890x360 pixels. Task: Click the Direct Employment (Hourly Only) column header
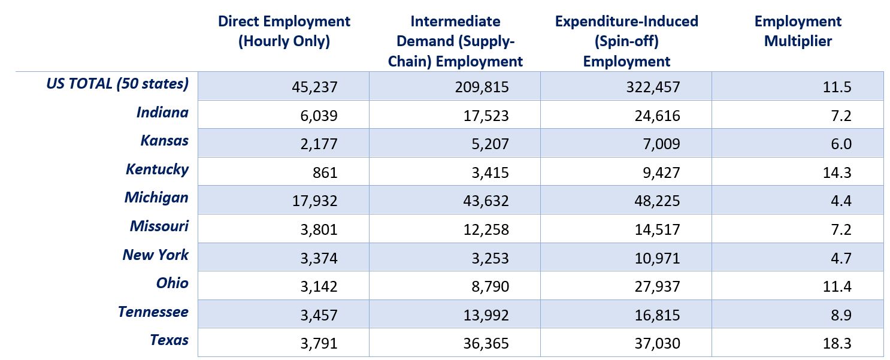tap(284, 31)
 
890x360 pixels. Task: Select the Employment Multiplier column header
tap(798, 31)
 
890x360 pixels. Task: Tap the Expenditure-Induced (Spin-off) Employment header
tap(626, 41)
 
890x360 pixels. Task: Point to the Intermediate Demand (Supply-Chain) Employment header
tap(455, 41)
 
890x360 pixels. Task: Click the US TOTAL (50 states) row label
tap(117, 84)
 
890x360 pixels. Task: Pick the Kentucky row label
tap(157, 170)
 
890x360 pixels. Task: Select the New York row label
tap(155, 255)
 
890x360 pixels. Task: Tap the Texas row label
tap(169, 340)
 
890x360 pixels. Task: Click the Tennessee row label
tap(153, 312)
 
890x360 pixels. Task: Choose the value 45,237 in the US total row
tap(314, 87)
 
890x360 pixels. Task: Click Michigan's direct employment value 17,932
tap(314, 201)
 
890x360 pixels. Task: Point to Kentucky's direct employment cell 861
tap(325, 173)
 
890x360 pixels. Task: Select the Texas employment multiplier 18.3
tap(837, 343)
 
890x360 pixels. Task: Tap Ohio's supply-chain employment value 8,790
tap(491, 286)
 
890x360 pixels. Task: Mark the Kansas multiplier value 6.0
tap(841, 144)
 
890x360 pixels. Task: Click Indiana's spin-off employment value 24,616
tap(657, 116)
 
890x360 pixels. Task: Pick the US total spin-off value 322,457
tap(653, 87)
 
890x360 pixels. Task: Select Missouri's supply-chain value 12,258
tap(486, 229)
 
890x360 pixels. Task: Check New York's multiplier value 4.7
tap(841, 258)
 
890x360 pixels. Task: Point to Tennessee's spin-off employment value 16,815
tap(657, 315)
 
